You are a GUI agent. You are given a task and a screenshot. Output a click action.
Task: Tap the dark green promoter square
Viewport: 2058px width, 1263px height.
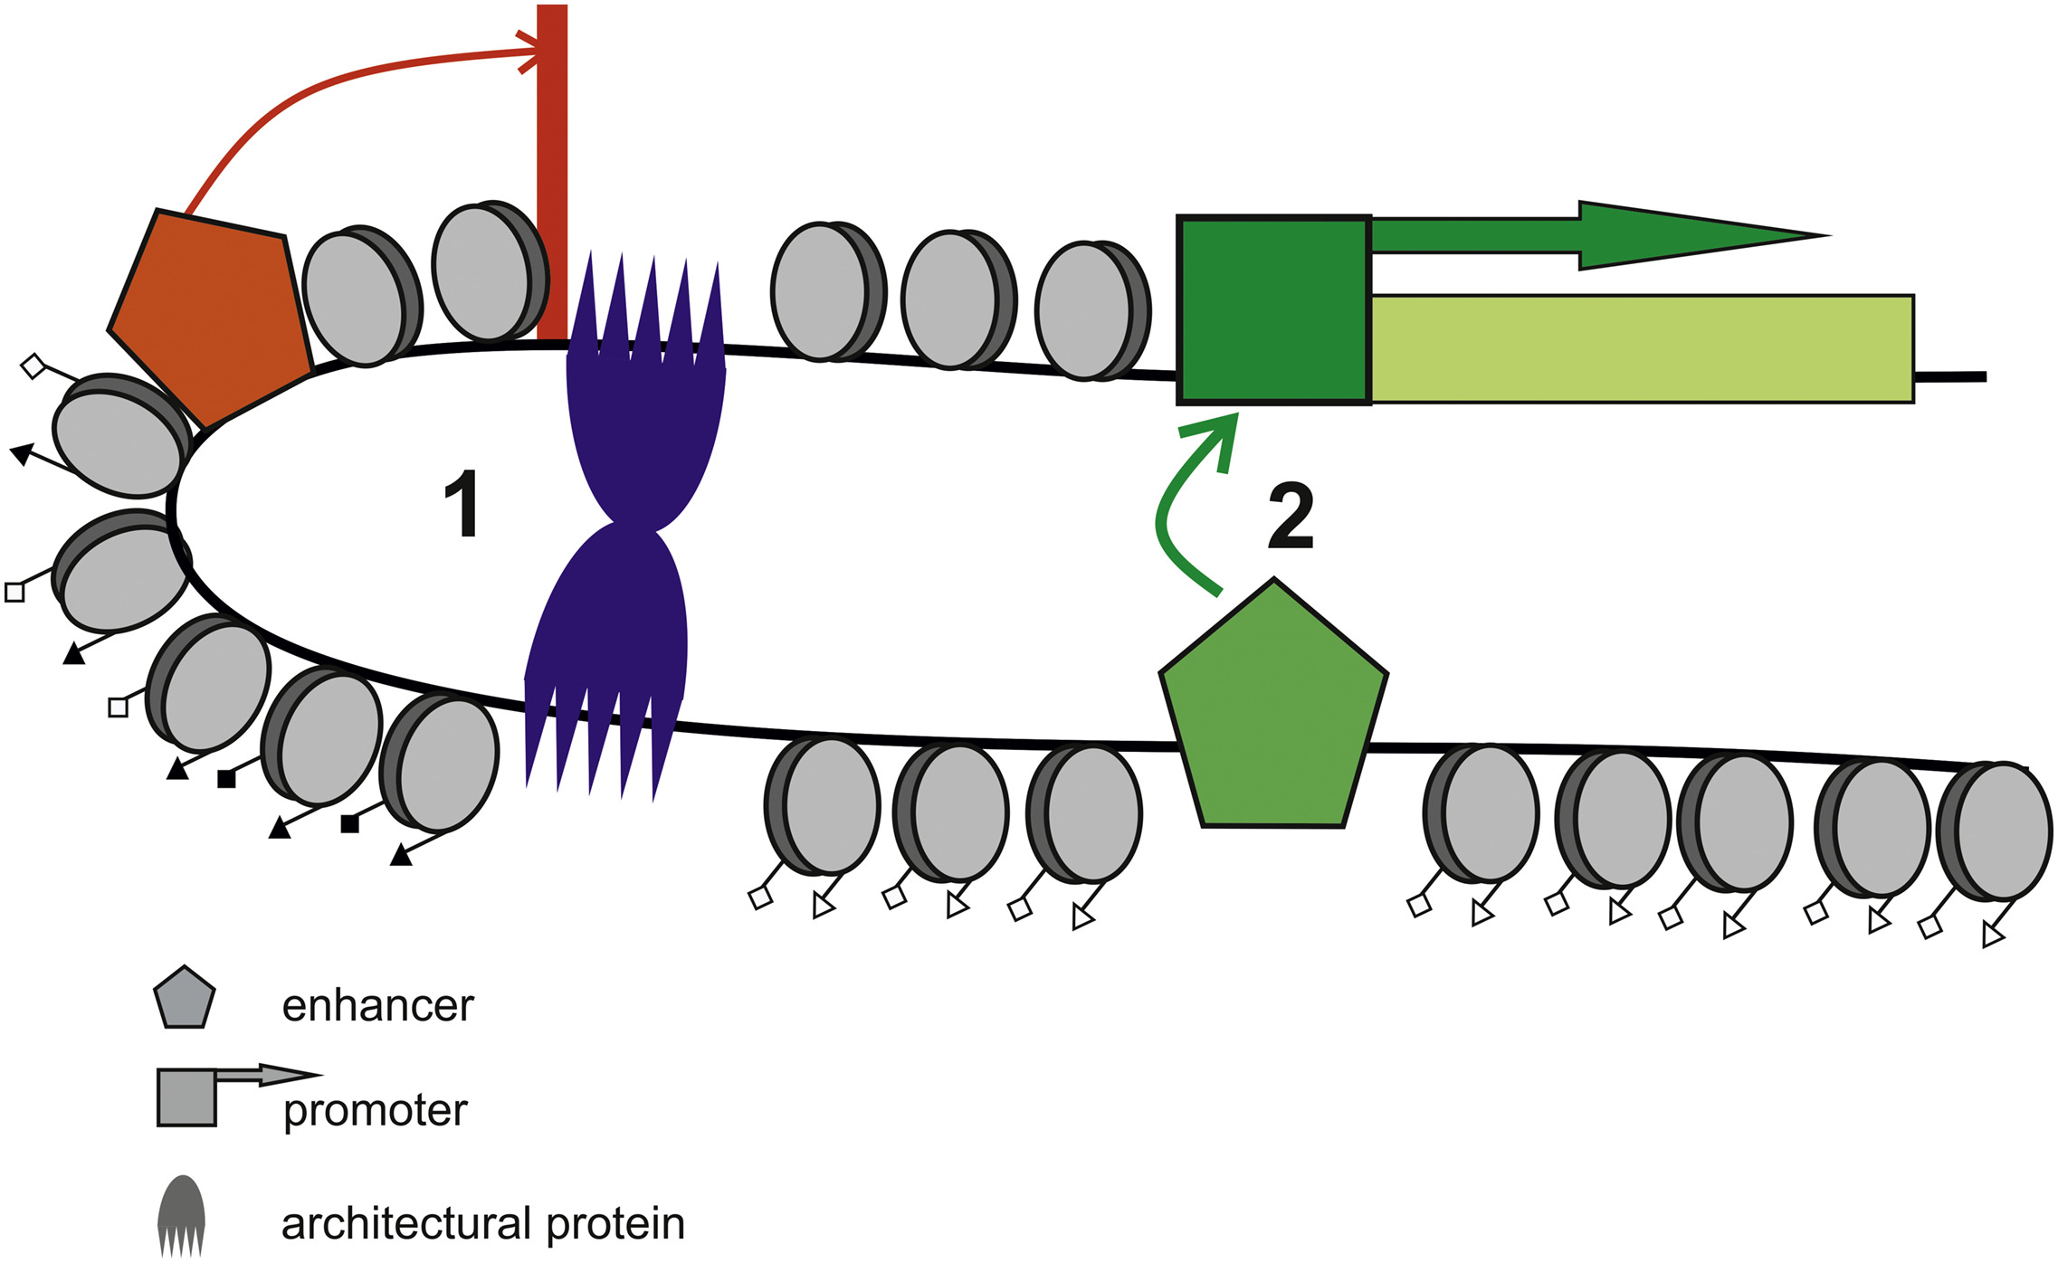(1273, 309)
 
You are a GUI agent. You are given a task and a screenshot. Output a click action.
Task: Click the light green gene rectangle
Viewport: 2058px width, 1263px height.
(1642, 348)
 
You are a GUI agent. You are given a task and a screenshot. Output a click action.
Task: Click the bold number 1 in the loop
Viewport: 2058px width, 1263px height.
(462, 505)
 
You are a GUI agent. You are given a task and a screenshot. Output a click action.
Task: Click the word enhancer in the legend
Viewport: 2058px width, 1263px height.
(377, 1006)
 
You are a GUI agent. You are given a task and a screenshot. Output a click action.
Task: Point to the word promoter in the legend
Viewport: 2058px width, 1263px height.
(376, 1110)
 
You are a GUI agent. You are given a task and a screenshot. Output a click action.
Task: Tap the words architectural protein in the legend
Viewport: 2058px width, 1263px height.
(482, 1223)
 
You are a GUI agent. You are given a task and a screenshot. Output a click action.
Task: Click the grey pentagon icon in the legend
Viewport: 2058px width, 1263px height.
(185, 998)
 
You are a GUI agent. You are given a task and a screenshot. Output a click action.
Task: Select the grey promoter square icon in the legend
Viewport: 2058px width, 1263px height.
(187, 1097)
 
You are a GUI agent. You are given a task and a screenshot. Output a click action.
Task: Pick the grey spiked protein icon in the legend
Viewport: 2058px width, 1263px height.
(182, 1214)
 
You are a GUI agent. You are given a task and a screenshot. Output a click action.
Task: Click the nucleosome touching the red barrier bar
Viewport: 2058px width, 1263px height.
(489, 271)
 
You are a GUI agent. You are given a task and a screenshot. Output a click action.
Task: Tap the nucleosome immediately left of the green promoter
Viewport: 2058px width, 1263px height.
(1091, 310)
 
